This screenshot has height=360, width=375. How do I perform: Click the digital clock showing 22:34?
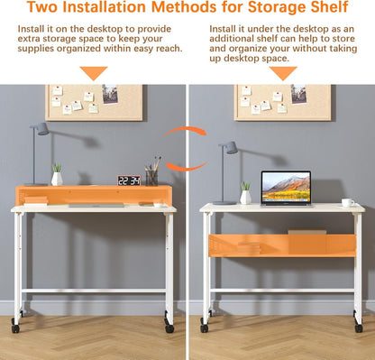click(129, 180)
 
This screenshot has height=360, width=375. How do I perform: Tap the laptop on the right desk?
click(286, 188)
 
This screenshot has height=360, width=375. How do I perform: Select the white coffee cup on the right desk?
click(347, 202)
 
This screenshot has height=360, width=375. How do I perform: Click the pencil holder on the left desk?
click(151, 177)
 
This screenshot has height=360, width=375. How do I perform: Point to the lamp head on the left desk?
click(42, 129)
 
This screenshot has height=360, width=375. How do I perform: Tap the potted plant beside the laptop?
click(245, 193)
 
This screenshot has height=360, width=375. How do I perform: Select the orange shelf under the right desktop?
click(283, 245)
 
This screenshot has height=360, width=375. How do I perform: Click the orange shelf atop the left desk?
click(94, 195)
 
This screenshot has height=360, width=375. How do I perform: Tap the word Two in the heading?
click(46, 9)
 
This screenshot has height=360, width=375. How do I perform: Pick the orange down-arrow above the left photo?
click(93, 72)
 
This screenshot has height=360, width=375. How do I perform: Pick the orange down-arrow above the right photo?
click(283, 72)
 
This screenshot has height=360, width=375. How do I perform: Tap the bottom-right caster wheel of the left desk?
click(169, 328)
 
